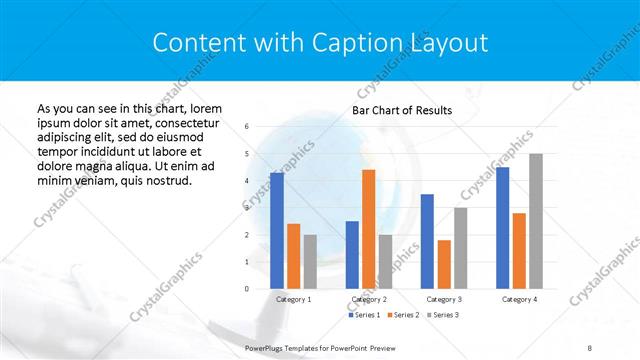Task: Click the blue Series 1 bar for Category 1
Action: point(277,231)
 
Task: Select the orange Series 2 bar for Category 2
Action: point(368,229)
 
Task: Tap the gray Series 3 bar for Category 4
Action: point(536,221)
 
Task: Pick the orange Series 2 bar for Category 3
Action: point(444,264)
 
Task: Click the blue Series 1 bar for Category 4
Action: point(502,228)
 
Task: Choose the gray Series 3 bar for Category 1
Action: point(310,262)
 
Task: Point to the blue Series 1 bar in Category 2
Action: point(352,255)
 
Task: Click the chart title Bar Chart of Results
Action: point(402,110)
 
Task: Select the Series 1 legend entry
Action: point(364,315)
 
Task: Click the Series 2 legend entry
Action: point(402,315)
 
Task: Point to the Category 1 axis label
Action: point(293,299)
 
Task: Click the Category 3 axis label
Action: point(444,299)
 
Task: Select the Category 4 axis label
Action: point(519,299)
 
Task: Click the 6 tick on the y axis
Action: point(247,127)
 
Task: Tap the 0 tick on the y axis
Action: point(247,289)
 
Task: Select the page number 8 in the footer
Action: point(589,346)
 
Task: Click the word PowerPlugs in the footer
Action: point(266,346)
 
